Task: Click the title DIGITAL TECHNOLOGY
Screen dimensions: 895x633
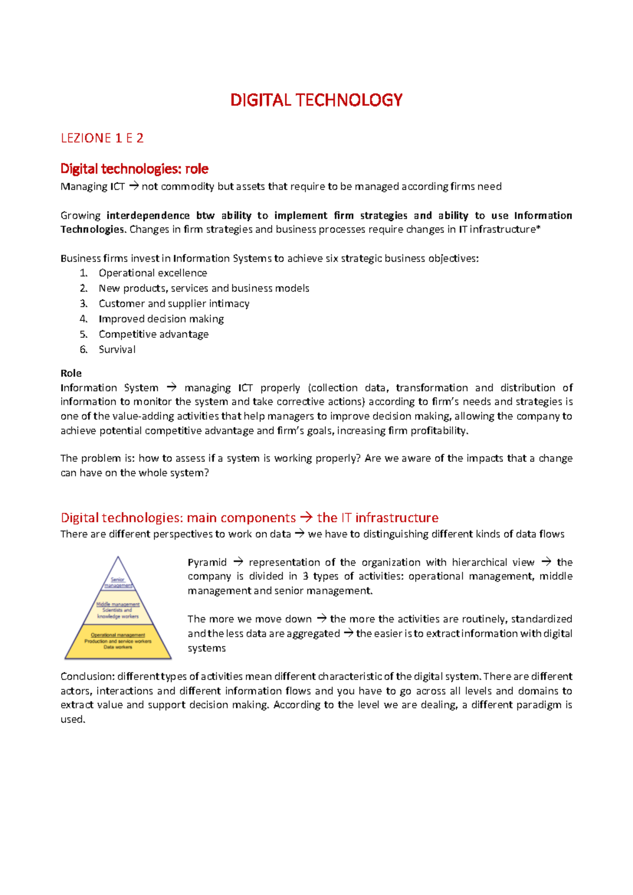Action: click(316, 100)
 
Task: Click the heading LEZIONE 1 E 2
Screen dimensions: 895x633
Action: click(102, 138)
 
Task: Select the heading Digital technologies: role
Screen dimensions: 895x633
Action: click(134, 169)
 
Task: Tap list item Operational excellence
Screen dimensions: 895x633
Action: click(152, 273)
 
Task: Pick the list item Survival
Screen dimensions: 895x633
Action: click(117, 349)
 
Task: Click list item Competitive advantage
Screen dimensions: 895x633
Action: click(153, 334)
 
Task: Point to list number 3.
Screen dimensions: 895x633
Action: click(83, 304)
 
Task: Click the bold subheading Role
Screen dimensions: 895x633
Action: click(71, 373)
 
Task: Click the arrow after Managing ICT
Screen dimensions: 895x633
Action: click(133, 186)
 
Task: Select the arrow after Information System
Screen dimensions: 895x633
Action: click(171, 387)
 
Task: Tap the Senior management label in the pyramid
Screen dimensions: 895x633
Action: click(118, 582)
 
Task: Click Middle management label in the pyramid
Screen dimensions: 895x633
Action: click(118, 605)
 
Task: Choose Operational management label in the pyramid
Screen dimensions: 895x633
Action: click(118, 635)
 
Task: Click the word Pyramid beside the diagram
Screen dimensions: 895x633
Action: click(207, 562)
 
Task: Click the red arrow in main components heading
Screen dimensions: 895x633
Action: click(306, 518)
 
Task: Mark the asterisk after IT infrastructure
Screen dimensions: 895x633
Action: click(538, 229)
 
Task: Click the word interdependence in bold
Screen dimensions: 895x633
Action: click(148, 216)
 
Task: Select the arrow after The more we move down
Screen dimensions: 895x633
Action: click(321, 619)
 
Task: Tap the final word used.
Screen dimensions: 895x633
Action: click(72, 719)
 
